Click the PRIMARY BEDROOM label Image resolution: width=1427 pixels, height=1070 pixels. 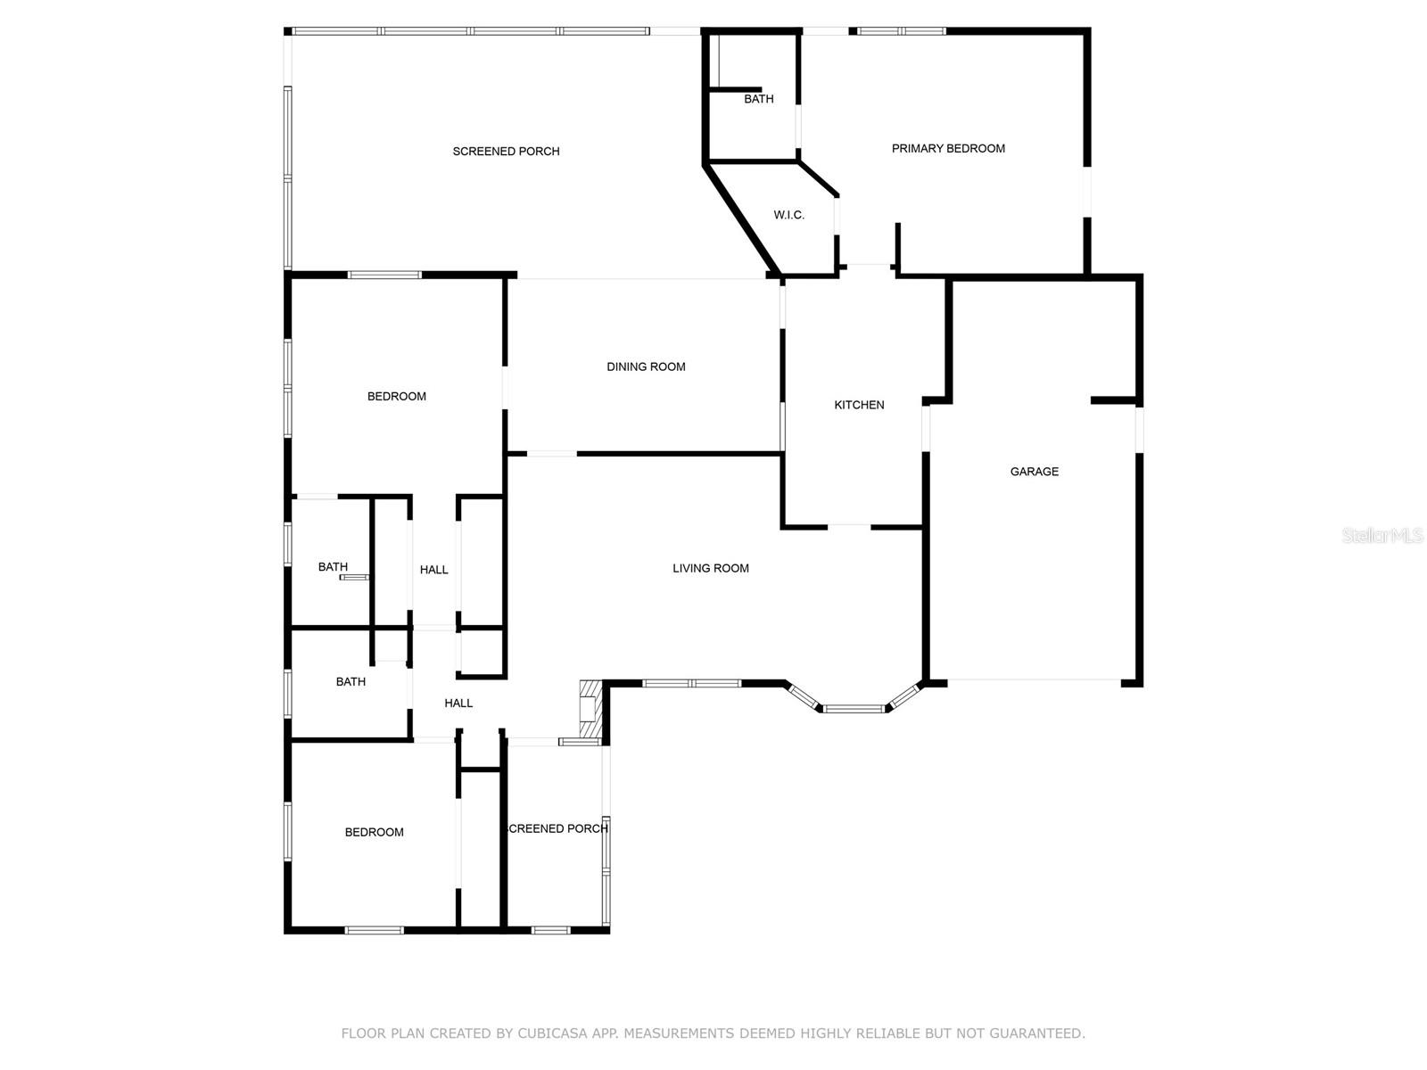tap(948, 149)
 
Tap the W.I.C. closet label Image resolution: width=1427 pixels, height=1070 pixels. tap(788, 215)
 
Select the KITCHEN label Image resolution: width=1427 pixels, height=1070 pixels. tap(859, 405)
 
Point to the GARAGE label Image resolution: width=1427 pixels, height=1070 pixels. tap(1034, 472)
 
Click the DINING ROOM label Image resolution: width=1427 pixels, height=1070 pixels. tap(646, 366)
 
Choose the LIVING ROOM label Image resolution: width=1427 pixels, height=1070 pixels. tap(710, 568)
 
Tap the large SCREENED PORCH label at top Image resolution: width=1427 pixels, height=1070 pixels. tap(506, 152)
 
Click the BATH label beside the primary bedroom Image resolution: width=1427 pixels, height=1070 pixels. tap(758, 99)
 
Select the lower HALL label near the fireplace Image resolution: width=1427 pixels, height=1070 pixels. tap(458, 704)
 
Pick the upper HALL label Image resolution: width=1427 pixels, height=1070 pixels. tap(433, 570)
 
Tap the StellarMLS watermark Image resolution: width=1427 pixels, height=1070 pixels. tap(1382, 536)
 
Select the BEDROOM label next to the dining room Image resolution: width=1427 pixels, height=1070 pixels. tap(396, 397)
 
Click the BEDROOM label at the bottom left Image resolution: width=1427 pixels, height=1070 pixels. tap(374, 833)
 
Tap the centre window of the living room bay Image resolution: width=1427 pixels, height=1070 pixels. tap(854, 709)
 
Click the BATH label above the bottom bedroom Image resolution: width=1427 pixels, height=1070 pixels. tap(351, 682)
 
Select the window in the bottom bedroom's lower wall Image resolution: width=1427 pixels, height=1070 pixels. tap(374, 930)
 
